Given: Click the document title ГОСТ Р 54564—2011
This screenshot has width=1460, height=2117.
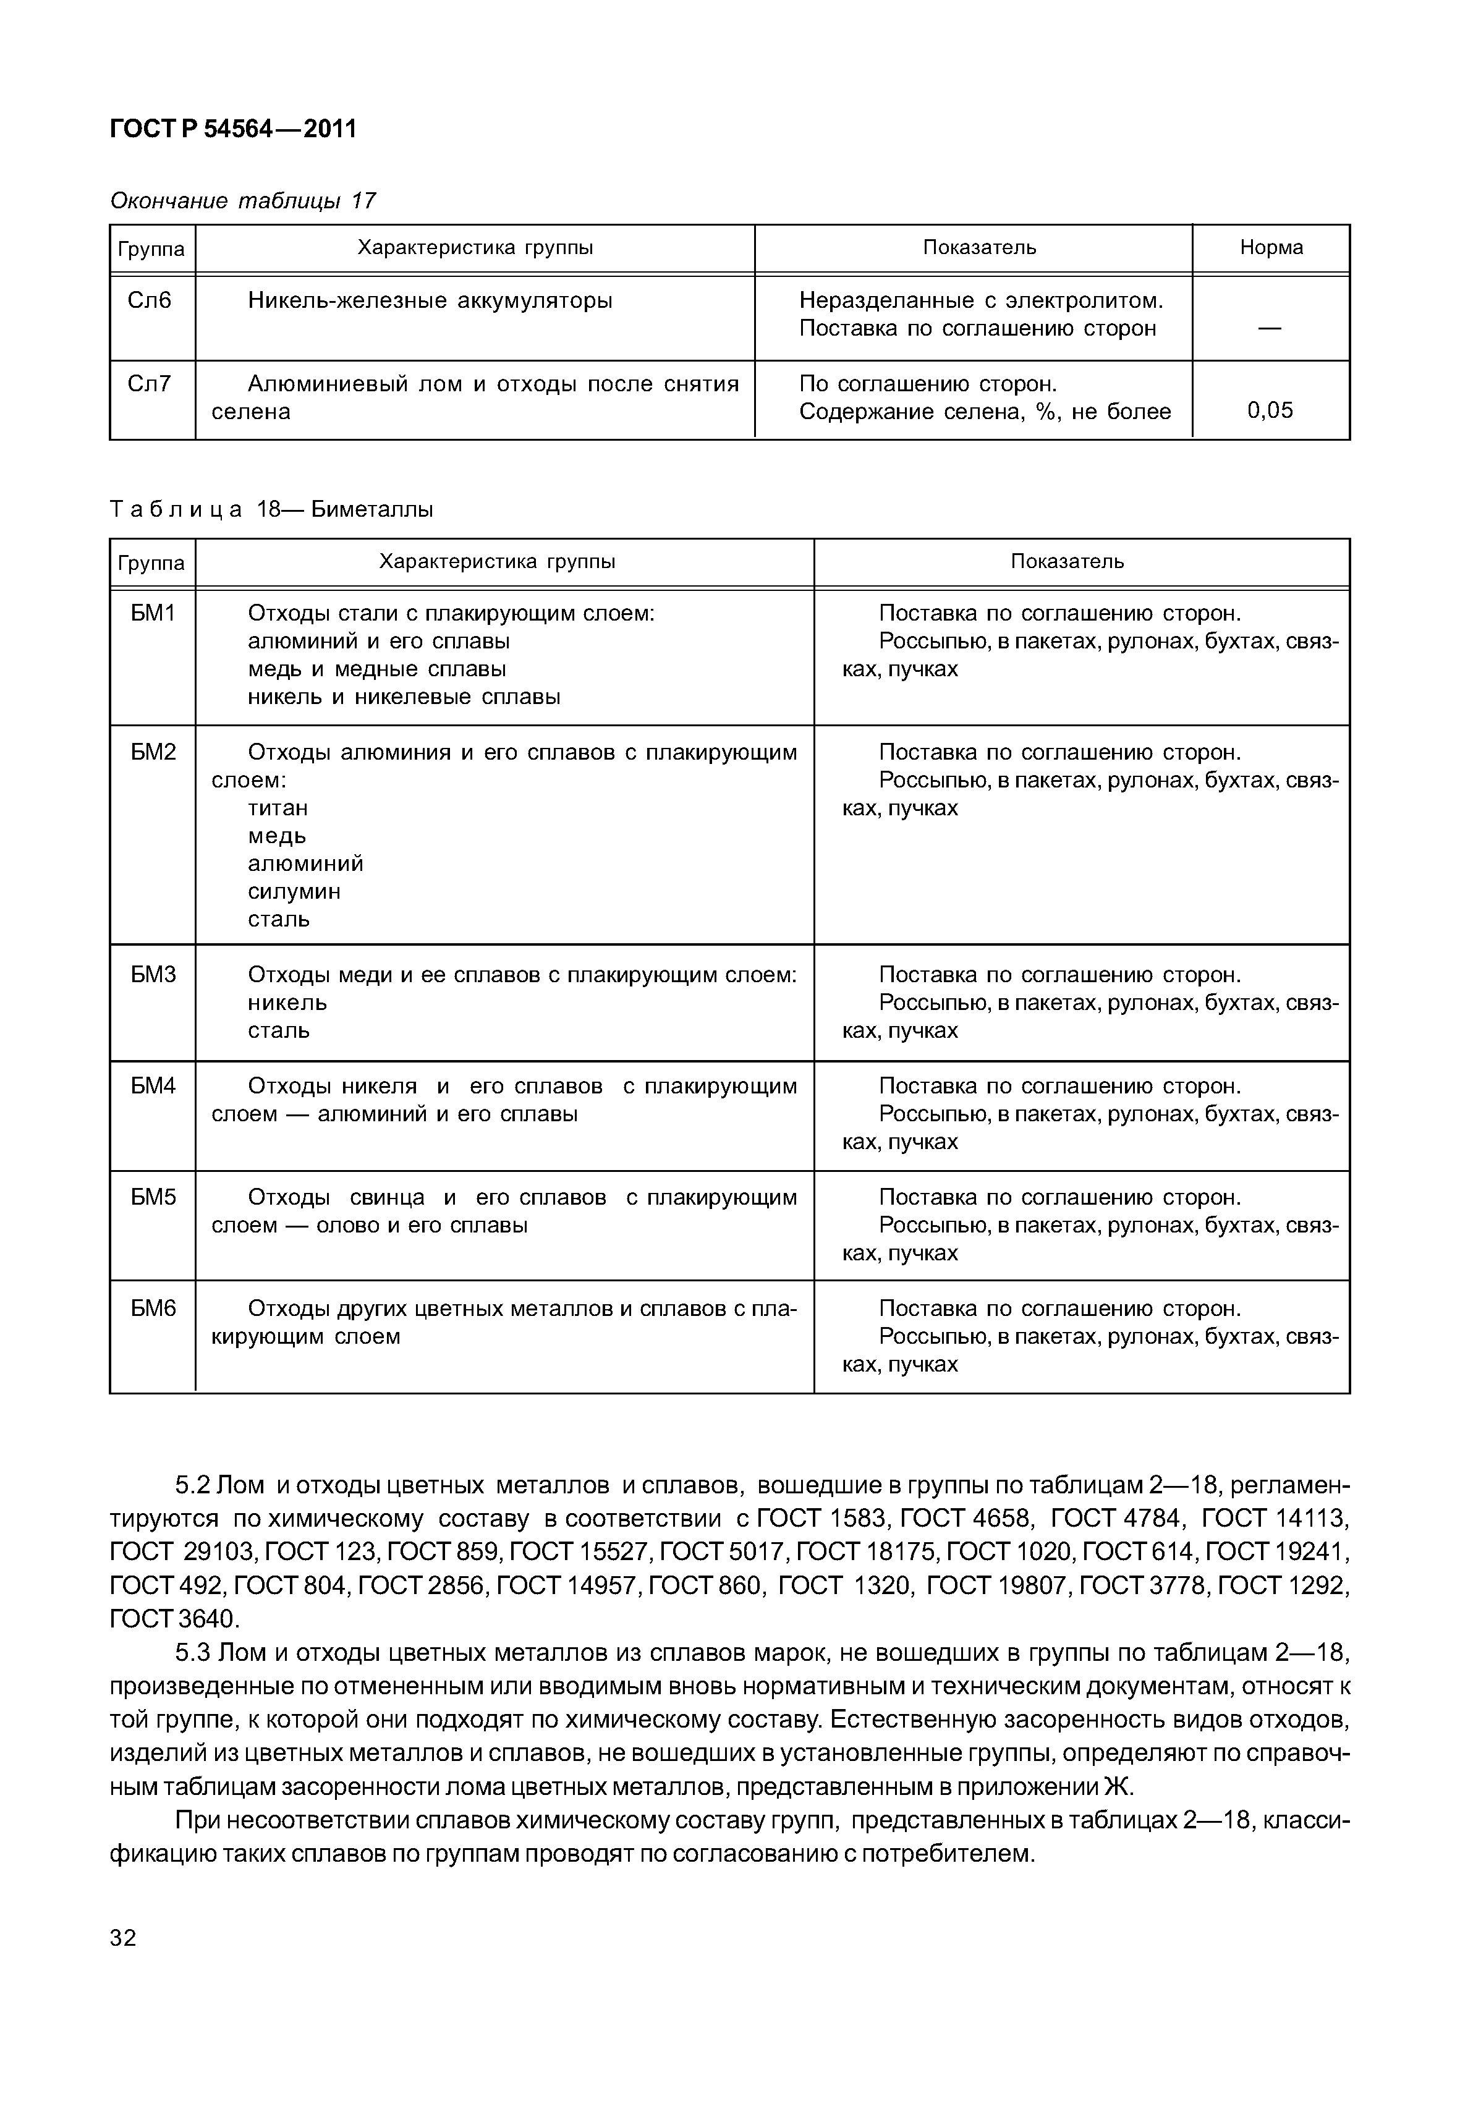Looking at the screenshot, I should (x=232, y=129).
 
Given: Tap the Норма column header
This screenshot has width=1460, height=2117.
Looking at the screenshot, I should (x=1271, y=247).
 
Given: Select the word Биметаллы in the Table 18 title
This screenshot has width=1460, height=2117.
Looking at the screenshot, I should (x=371, y=509).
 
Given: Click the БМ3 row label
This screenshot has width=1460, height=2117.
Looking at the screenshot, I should (x=152, y=974).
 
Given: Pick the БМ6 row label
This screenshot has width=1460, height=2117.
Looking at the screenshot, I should (x=152, y=1309).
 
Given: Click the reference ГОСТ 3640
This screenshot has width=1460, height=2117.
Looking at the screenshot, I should (x=173, y=1618).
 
